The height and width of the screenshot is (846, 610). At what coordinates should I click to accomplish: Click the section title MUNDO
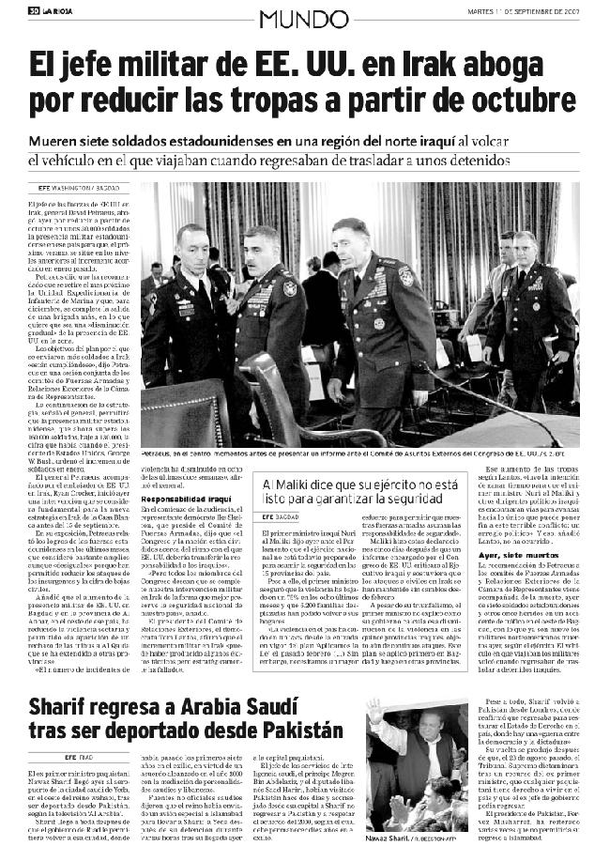click(x=304, y=17)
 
